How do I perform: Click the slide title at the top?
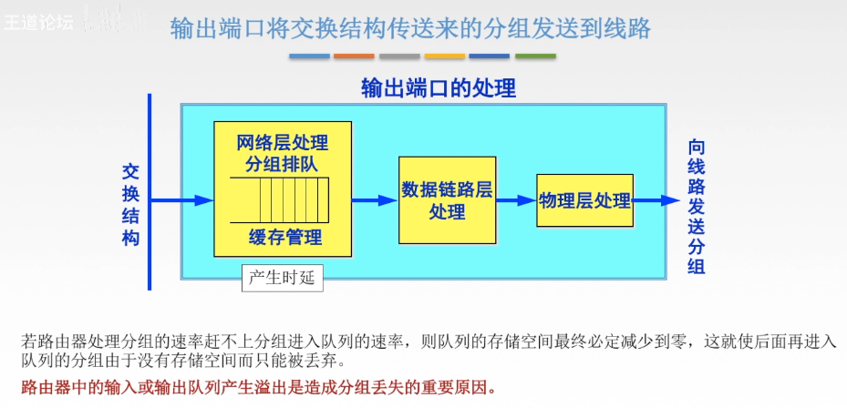(411, 28)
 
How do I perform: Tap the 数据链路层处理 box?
(447, 200)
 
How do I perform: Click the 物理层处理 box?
(584, 200)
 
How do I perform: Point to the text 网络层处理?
(282, 143)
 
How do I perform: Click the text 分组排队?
(282, 164)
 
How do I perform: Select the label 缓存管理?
(285, 239)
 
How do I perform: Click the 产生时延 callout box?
(283, 278)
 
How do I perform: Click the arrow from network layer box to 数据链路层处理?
(374, 200)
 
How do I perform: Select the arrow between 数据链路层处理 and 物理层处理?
(516, 200)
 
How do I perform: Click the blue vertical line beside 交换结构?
(150, 191)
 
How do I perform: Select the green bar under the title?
(535, 56)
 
